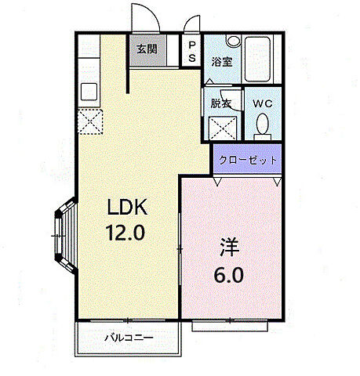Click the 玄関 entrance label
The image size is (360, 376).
pyautogui.click(x=147, y=49)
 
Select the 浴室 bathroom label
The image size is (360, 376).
pyautogui.click(x=221, y=62)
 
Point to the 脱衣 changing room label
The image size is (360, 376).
pyautogui.click(x=220, y=102)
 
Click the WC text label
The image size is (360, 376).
pyautogui.click(x=261, y=102)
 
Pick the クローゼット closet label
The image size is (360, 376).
pyautogui.click(x=248, y=159)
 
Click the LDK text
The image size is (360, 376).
pyautogui.click(x=128, y=208)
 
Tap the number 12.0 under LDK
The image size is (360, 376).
pyautogui.click(x=128, y=233)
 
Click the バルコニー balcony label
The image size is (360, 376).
pyautogui.click(x=129, y=338)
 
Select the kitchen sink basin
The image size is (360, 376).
pyautogui.click(x=89, y=89)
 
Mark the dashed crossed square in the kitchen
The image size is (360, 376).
pyautogui.click(x=90, y=121)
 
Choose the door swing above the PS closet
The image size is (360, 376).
pyautogui.click(x=191, y=26)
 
